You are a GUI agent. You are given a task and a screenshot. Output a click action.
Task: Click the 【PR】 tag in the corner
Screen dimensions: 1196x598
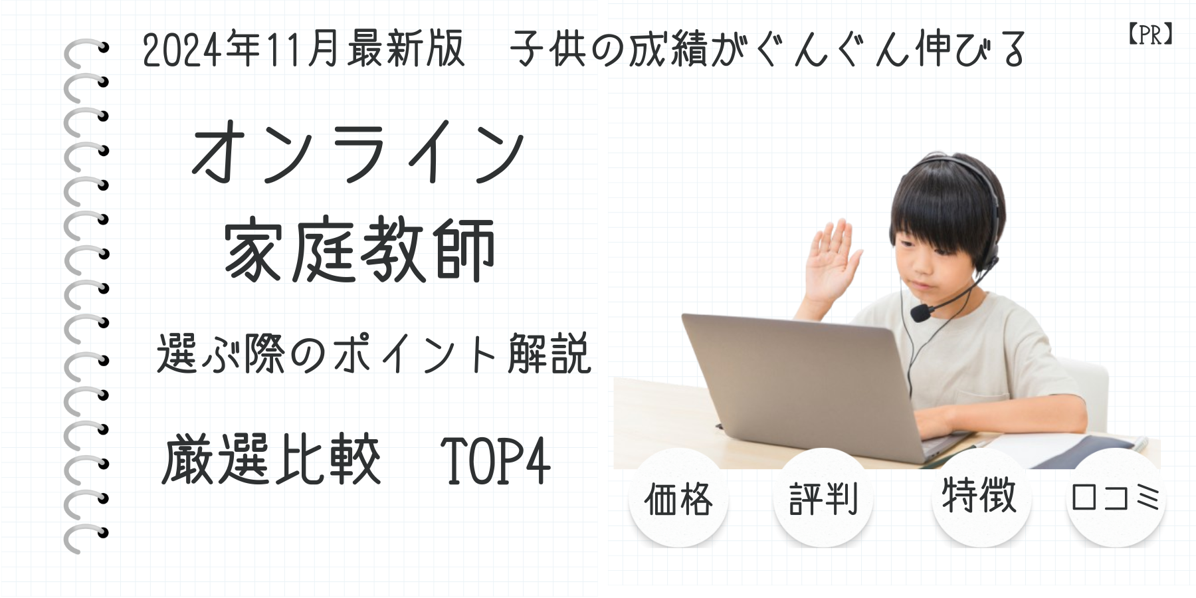(x=1150, y=35)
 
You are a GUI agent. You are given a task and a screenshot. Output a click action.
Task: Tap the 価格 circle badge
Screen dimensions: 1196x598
(x=678, y=498)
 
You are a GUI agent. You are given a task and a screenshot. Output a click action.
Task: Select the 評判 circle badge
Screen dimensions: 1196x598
(x=823, y=498)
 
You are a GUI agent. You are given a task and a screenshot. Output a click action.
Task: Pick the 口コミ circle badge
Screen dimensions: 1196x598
(x=1116, y=498)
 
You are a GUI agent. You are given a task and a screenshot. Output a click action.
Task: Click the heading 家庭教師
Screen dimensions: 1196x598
(x=359, y=251)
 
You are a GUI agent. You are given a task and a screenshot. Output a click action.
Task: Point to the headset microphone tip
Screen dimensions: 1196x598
(x=921, y=312)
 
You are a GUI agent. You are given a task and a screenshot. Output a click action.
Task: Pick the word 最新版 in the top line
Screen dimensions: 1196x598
(x=405, y=49)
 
